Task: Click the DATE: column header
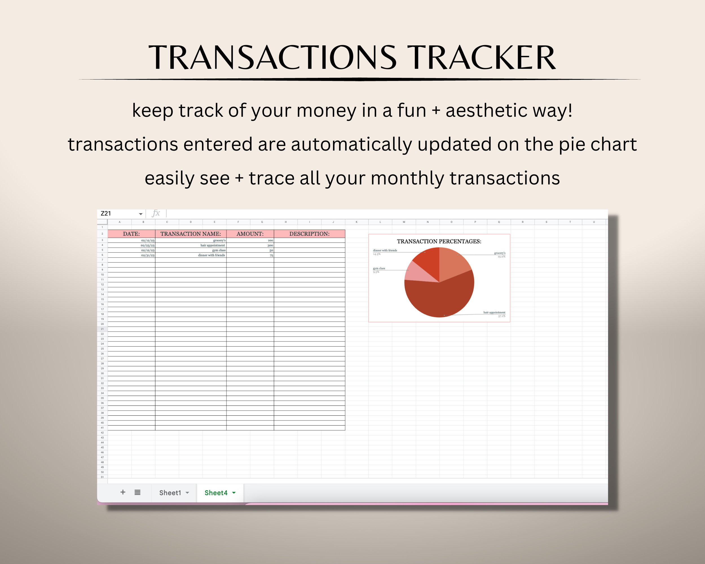pyautogui.click(x=131, y=234)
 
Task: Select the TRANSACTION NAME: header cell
pyautogui.click(x=191, y=234)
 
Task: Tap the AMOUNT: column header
pyautogui.click(x=250, y=234)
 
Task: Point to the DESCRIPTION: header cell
pyautogui.click(x=309, y=234)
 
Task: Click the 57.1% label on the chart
pyautogui.click(x=502, y=316)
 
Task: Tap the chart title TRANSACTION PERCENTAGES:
pyautogui.click(x=439, y=241)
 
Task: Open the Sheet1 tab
pyautogui.click(x=170, y=493)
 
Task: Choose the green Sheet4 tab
pyautogui.click(x=216, y=493)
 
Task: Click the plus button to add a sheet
pyautogui.click(x=123, y=492)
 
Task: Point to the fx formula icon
pyautogui.click(x=156, y=213)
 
